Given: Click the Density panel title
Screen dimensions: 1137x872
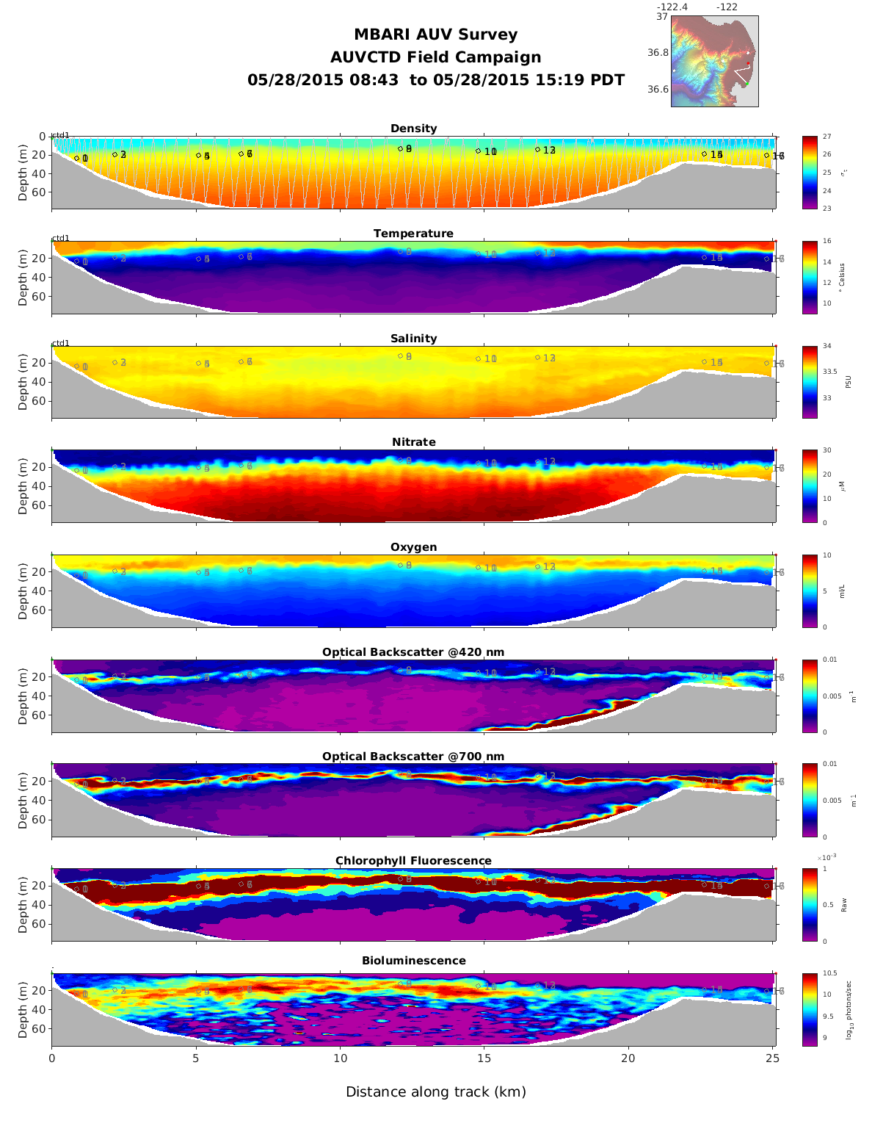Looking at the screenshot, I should coord(413,129).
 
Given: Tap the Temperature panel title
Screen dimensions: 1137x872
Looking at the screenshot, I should coord(413,234).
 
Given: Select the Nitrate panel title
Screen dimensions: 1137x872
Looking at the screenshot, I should coord(413,442).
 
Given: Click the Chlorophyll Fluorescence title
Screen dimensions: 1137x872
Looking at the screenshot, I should coord(413,861).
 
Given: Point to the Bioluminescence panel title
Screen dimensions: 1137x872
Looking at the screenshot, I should coord(413,961).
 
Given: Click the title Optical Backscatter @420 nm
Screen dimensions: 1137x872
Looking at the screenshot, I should coord(413,652).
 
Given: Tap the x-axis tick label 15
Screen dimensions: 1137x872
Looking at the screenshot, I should coord(484,1058).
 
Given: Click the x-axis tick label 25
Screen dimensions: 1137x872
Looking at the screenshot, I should coord(772,1058).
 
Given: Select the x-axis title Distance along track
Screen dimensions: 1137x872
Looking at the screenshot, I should coord(436,1092).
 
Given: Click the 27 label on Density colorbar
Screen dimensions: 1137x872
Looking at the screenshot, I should coord(826,137).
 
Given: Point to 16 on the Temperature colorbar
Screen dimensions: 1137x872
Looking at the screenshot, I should coord(826,242).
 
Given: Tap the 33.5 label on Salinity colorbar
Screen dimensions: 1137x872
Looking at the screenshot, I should coord(829,372).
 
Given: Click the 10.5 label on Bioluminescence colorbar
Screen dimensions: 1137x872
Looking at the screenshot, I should coord(829,974).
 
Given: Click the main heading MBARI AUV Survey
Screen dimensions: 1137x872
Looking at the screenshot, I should coord(435,35).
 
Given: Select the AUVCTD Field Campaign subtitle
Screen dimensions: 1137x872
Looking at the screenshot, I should coord(435,57).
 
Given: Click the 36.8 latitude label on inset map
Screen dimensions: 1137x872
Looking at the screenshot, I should coord(658,53).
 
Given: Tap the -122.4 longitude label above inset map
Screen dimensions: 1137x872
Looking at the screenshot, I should coord(672,7).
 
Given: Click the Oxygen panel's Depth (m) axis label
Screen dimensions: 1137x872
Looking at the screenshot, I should coord(23,591).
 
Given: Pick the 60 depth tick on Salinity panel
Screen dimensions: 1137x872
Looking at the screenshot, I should coord(40,401).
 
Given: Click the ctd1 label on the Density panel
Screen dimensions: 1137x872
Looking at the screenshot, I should coord(60,135).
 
